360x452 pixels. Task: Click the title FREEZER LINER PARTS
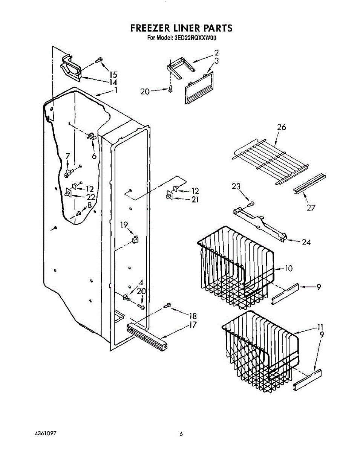(x=181, y=29)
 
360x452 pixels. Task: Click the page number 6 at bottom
(x=181, y=435)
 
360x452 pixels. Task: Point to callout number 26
(x=281, y=127)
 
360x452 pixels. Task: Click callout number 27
(x=311, y=208)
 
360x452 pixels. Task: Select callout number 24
(x=306, y=242)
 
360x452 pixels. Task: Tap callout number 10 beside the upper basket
(x=289, y=269)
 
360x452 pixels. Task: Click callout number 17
(x=193, y=325)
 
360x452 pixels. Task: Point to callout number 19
(x=124, y=225)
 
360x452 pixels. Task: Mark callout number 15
(x=113, y=74)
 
